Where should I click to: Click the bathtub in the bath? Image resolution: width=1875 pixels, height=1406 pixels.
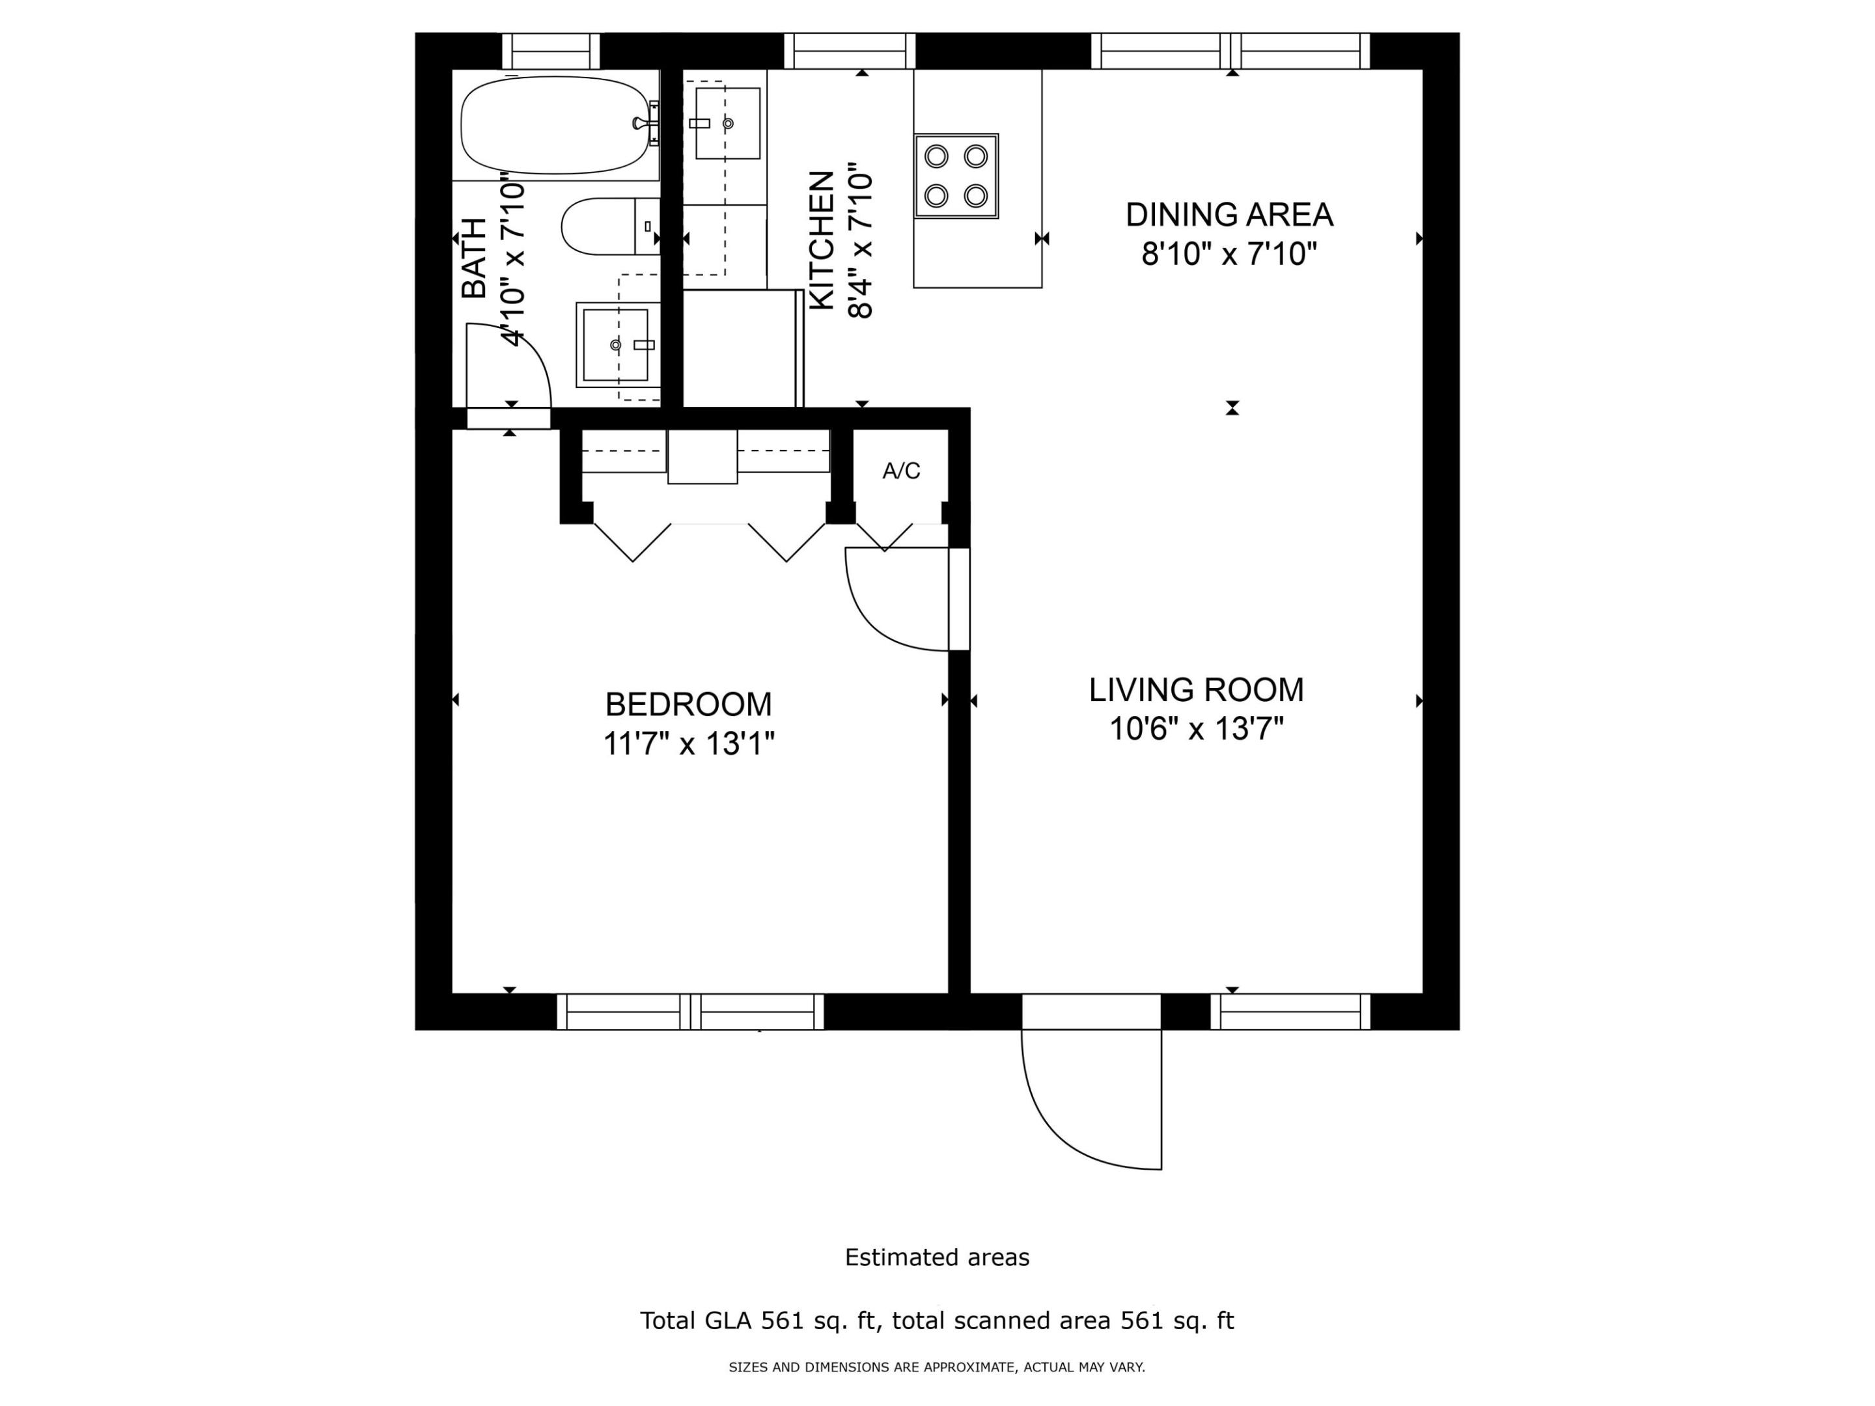coord(555,126)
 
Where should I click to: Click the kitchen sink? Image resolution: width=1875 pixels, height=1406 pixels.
coord(727,124)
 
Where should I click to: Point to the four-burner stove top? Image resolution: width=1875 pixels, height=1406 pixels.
coord(956,176)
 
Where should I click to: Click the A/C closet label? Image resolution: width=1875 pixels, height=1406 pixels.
coord(901,471)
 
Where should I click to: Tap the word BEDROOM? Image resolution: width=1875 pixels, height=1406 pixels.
coord(688,704)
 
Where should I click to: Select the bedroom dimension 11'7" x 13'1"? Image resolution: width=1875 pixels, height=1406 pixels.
coord(688,744)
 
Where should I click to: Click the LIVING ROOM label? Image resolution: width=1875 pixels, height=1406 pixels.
coord(1196,690)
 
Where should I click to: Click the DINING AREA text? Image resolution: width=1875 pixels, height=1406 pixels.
coord(1229,214)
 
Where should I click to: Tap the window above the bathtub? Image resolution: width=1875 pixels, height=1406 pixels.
coord(551,51)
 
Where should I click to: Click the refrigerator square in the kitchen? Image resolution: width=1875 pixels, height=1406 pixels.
coord(741,348)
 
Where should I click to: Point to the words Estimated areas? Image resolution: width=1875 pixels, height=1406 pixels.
coord(937,1258)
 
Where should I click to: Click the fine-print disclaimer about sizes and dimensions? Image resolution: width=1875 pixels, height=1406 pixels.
coord(937,1367)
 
